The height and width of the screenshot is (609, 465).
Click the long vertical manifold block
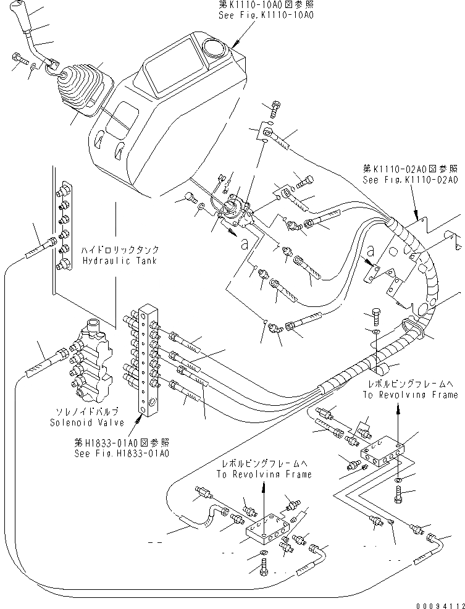[147, 357]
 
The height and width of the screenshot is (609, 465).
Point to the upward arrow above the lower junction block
[264, 494]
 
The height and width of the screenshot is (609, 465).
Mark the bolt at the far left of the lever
[17, 60]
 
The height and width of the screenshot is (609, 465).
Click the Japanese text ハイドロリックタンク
[120, 250]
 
